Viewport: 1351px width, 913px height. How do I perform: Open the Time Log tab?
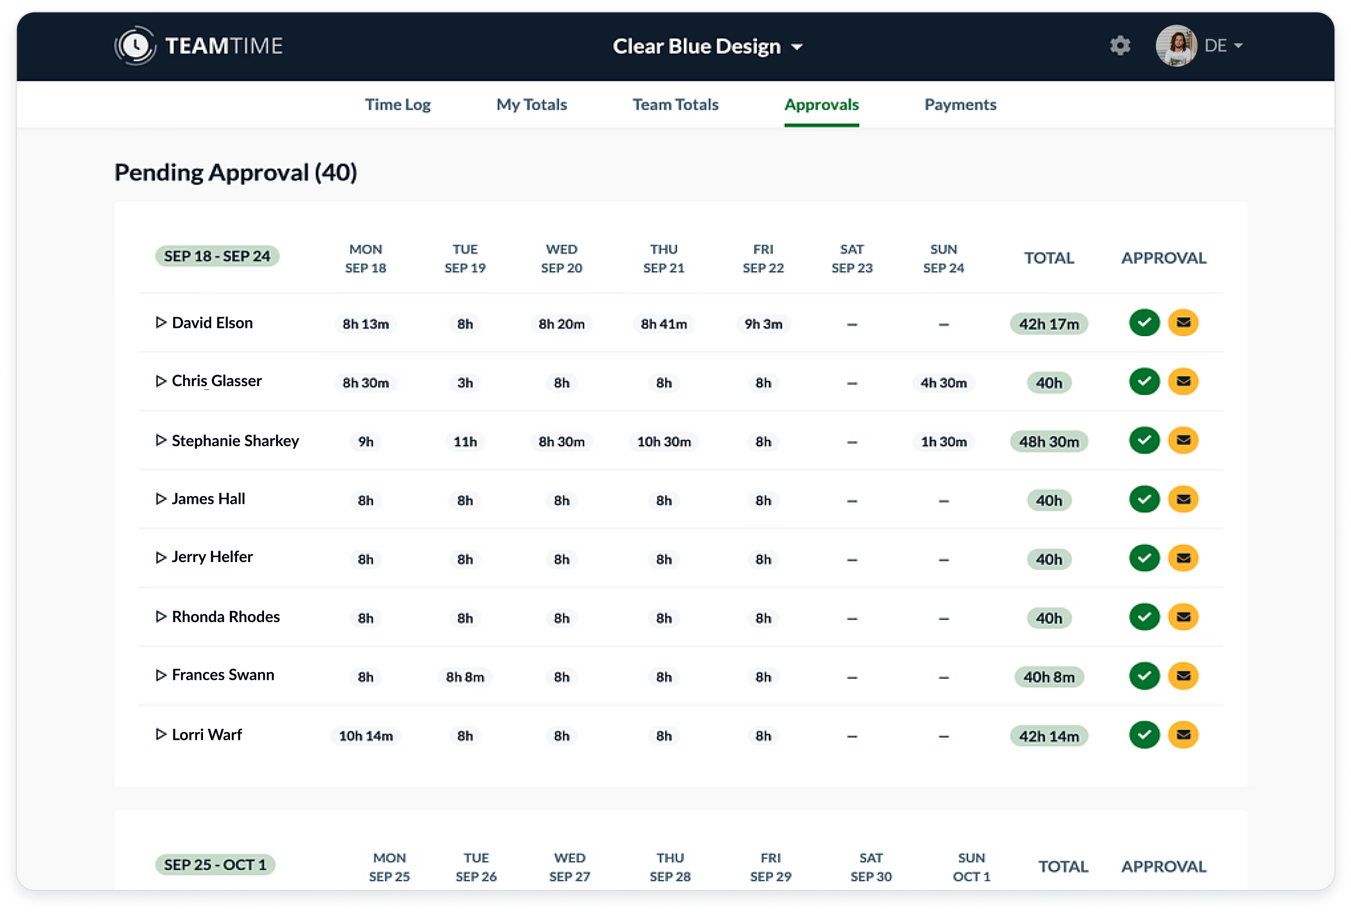[x=398, y=105]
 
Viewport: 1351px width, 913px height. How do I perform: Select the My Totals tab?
[x=531, y=105]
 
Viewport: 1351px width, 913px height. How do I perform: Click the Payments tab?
[x=960, y=105]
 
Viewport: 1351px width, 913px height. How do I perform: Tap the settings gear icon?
[x=1119, y=45]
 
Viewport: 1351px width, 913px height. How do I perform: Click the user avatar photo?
[x=1176, y=45]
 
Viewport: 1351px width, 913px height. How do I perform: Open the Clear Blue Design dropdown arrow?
[x=797, y=47]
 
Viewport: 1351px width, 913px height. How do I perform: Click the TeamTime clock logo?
[x=135, y=45]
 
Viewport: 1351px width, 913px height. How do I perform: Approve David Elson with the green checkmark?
[x=1144, y=322]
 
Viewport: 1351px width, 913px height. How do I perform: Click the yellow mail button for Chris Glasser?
[x=1183, y=381]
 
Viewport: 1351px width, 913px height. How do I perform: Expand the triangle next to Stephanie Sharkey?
[x=161, y=440]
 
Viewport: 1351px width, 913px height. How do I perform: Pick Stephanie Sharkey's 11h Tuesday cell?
[x=465, y=442]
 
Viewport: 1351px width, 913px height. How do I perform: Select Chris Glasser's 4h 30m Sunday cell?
[x=943, y=383]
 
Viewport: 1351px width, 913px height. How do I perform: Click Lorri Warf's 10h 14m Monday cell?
[x=366, y=736]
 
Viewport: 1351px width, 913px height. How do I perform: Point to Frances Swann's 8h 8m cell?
[x=465, y=677]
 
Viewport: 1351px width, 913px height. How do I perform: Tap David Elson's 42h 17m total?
[x=1048, y=324]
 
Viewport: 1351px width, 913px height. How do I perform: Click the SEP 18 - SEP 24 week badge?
[x=217, y=256]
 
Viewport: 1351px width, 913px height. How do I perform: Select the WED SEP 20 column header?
[x=562, y=258]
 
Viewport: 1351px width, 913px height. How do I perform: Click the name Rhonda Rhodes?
[x=226, y=617]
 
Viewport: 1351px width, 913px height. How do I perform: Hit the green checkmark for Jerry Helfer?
[x=1144, y=558]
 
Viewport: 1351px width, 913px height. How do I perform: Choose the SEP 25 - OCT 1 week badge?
[x=215, y=865]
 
